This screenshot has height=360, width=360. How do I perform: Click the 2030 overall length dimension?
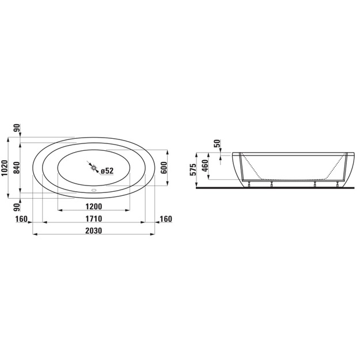94,230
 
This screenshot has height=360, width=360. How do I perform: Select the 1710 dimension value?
94,218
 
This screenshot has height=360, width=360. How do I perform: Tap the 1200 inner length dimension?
94,207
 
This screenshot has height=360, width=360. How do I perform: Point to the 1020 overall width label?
5,168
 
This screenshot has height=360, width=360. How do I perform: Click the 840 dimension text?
17,168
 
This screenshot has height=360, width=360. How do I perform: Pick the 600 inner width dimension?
164,168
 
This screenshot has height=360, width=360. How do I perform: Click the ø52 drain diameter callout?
107,170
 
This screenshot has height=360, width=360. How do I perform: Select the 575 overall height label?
194,170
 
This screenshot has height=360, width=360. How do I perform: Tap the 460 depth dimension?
205,165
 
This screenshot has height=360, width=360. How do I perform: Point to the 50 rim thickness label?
217,143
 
